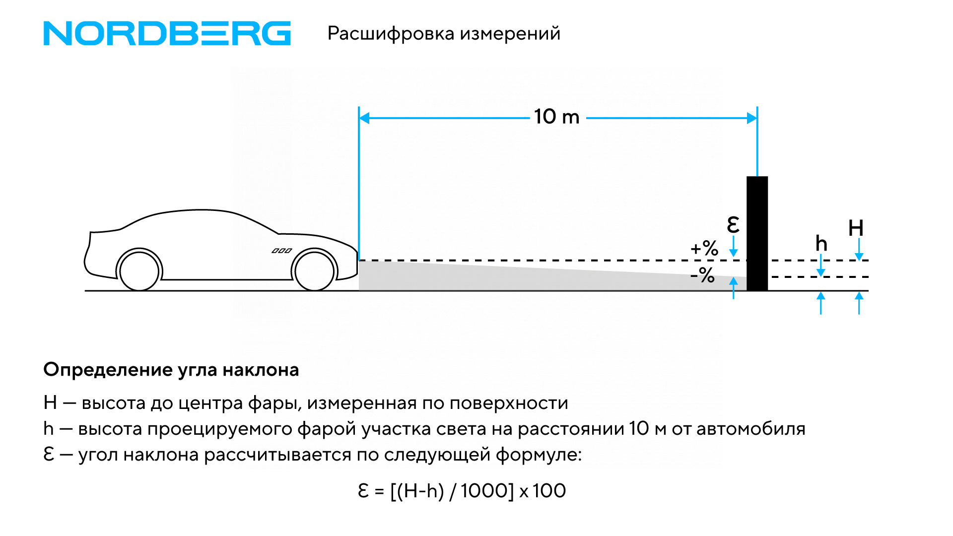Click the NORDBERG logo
[x=167, y=33]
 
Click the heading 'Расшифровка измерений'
[x=444, y=33]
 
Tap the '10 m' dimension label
[x=556, y=117]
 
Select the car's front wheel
[x=314, y=270]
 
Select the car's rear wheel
[x=139, y=271]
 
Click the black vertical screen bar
[x=757, y=233]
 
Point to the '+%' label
[x=704, y=248]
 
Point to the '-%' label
[x=703, y=274]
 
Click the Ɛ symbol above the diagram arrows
[x=733, y=225]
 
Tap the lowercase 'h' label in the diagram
[x=821, y=244]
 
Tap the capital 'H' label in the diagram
[x=856, y=228]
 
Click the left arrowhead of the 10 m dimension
[x=364, y=118]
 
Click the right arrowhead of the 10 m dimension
[x=751, y=118]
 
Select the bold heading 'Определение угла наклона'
[x=171, y=370]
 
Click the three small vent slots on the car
[x=281, y=251]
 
